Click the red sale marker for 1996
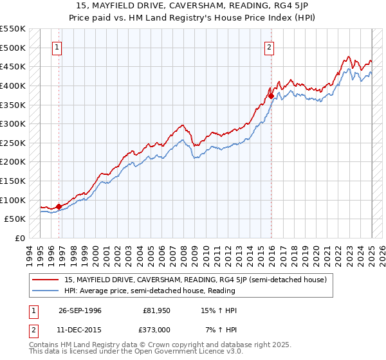pyautogui.click(x=59, y=206)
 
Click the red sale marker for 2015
pyautogui.click(x=271, y=96)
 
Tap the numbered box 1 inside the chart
pyautogui.click(x=58, y=46)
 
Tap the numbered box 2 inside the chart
pyautogui.click(x=268, y=46)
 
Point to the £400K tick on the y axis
pyautogui.click(x=14, y=85)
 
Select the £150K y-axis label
pyautogui.click(x=14, y=181)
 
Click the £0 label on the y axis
pyautogui.click(x=19, y=238)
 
